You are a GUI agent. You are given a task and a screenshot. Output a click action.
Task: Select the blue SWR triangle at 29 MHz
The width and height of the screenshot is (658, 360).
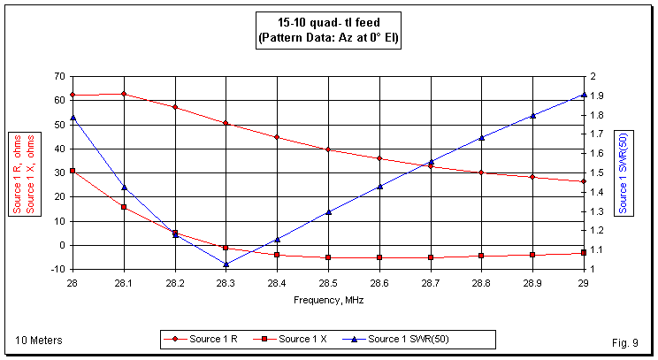[x=584, y=94]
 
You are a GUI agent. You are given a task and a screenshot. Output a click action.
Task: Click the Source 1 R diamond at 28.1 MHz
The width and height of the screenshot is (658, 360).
[x=124, y=94]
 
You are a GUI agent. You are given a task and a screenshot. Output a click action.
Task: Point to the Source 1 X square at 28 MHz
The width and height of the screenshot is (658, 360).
[x=73, y=171]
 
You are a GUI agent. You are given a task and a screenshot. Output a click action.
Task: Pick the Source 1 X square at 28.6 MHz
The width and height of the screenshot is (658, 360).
[x=379, y=257]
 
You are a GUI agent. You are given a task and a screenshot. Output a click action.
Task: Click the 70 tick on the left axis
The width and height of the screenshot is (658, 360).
[x=59, y=77]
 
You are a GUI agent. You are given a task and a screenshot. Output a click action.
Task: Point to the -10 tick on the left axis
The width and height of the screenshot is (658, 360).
[x=57, y=269]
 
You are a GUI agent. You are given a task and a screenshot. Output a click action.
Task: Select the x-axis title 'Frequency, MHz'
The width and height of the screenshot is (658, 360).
[x=328, y=300]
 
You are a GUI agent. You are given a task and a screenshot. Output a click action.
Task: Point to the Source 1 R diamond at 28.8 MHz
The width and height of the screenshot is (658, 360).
[x=481, y=172]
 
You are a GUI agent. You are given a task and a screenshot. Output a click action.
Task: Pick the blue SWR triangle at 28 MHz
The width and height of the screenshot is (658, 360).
[x=73, y=117]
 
